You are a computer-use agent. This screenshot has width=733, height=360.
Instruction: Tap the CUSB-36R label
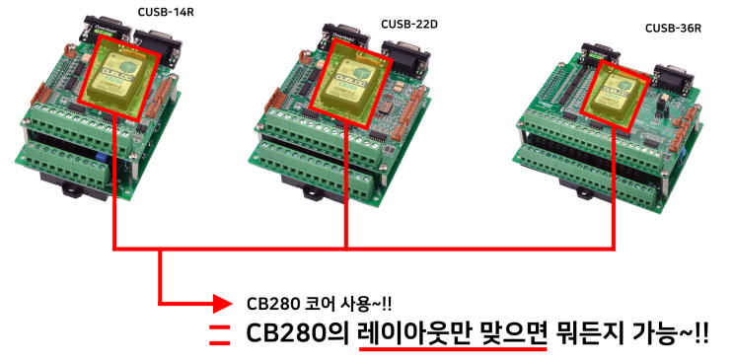pos(673,29)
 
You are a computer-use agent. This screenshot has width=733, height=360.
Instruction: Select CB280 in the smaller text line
pos(263,301)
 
